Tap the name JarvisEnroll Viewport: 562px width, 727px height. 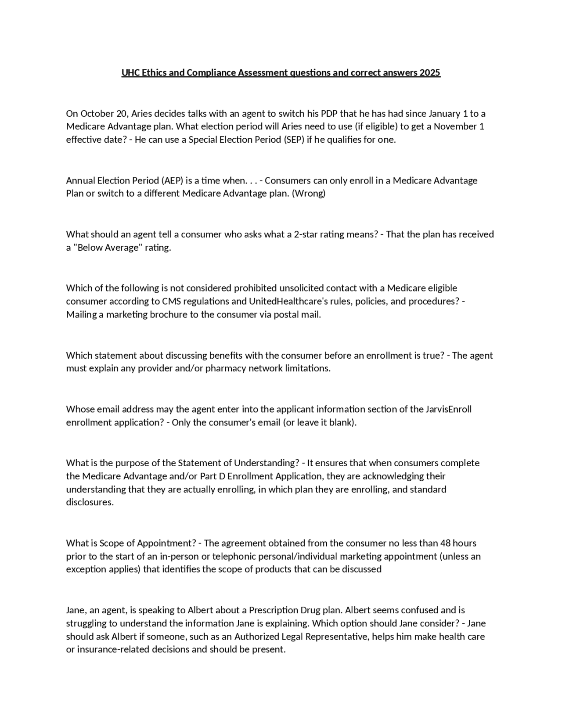point(448,410)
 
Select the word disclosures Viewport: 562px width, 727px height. point(90,502)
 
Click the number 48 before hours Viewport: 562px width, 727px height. point(445,543)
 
